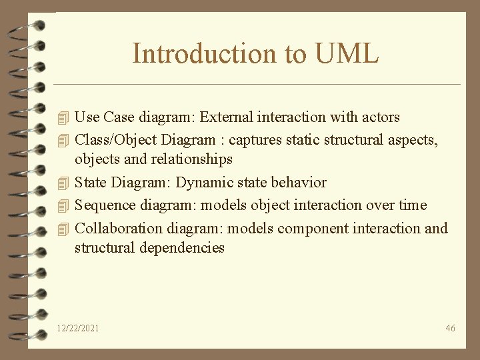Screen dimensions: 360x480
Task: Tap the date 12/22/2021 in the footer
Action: pos(79,328)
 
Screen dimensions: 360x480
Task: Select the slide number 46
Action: pos(450,328)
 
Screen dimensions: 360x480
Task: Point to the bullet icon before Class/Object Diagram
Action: pos(63,141)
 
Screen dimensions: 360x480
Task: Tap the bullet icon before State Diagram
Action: pos(63,183)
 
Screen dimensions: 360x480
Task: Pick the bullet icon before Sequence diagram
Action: pos(63,205)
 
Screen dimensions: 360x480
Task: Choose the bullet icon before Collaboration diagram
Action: pos(63,228)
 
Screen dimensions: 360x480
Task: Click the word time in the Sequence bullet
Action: pos(412,205)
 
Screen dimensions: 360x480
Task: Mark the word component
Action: pos(310,228)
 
